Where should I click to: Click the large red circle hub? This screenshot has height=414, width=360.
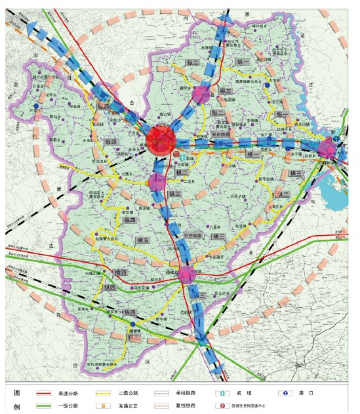click(x=160, y=140)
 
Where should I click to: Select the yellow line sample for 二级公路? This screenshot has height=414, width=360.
click(x=103, y=394)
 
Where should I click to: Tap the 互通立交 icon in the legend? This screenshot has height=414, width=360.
click(x=104, y=405)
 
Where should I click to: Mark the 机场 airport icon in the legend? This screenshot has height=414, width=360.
click(x=222, y=394)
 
